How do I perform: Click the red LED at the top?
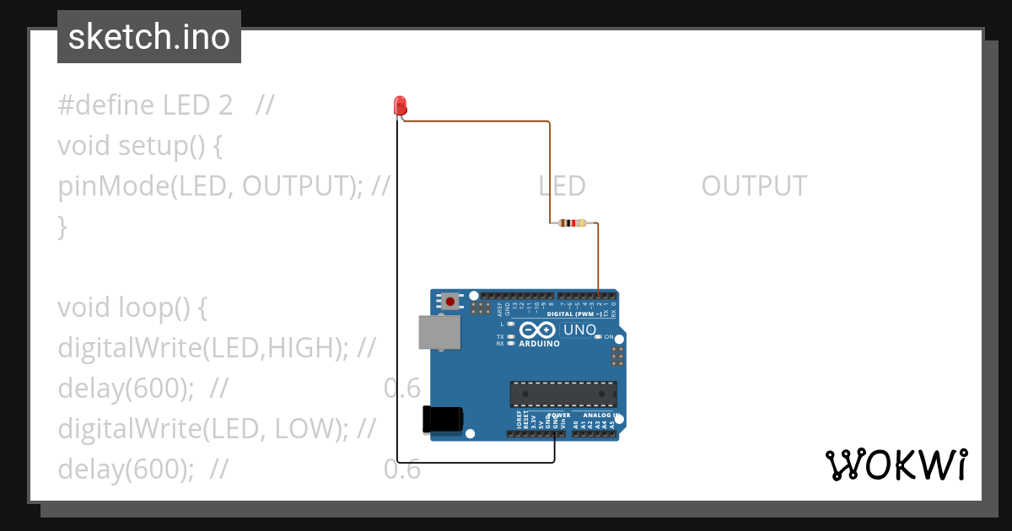tap(401, 105)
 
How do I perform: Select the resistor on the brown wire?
tap(573, 223)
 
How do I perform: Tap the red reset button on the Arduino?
tap(451, 301)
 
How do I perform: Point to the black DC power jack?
tap(443, 419)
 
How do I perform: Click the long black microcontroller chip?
tap(563, 394)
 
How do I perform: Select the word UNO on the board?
tap(579, 330)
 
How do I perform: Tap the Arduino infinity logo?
tap(537, 330)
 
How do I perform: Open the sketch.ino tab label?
tap(149, 37)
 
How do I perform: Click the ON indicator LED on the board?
tap(598, 336)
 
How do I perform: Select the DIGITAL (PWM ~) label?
tap(574, 314)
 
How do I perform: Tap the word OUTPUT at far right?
tap(754, 186)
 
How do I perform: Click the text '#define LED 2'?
tap(145, 105)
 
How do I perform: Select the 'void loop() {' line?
tap(132, 308)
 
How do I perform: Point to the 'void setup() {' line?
tap(140, 146)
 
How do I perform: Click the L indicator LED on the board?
tap(511, 324)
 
